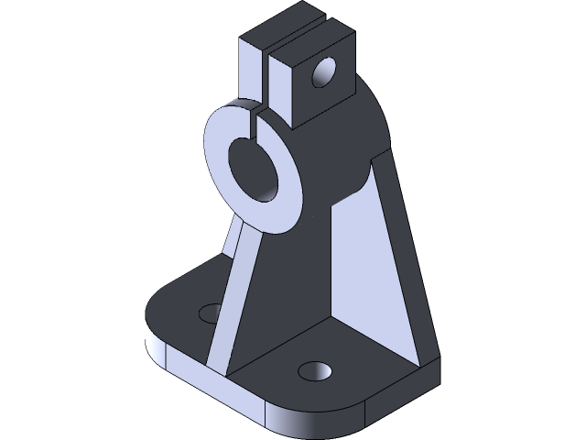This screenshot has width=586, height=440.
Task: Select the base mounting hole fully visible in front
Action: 314,370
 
